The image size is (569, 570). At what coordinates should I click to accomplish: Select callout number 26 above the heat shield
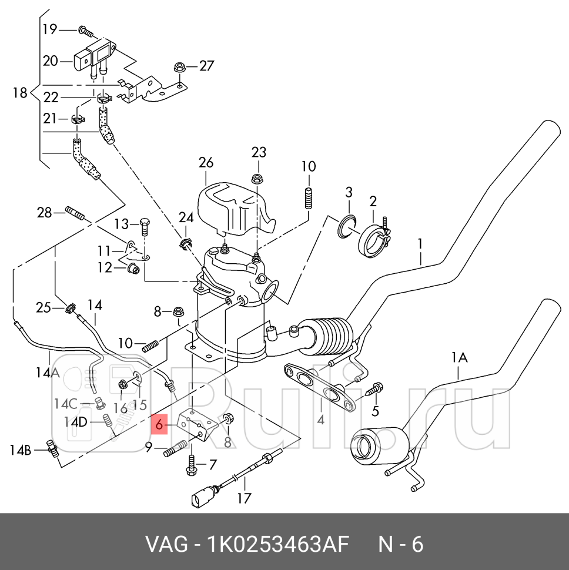click(206, 163)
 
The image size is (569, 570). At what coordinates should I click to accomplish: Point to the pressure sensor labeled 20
click(88, 57)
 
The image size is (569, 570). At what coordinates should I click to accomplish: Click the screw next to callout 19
click(86, 30)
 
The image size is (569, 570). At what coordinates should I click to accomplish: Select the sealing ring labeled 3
click(347, 227)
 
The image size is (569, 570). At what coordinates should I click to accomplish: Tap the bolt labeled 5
click(374, 388)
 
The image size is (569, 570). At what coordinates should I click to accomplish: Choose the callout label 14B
click(21, 451)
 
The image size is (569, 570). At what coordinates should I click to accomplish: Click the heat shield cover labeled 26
click(232, 207)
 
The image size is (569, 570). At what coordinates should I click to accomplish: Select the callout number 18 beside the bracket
click(20, 93)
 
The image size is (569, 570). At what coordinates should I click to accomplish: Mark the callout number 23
click(259, 153)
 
